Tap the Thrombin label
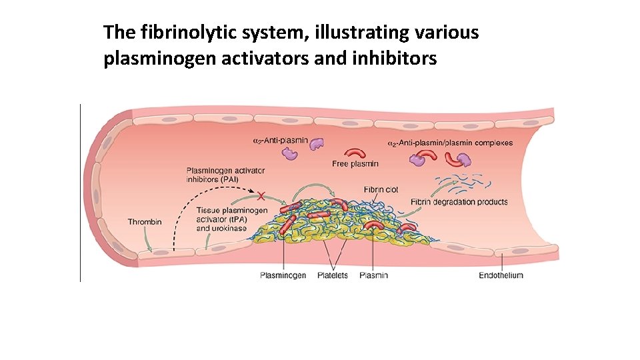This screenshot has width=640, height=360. point(144,222)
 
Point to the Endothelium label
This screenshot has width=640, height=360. point(501,275)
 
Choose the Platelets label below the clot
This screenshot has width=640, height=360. point(332,275)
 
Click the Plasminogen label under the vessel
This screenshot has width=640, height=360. point(283,275)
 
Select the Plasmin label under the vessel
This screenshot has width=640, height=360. point(373,275)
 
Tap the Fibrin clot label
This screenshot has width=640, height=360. point(381,190)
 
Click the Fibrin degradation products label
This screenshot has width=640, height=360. point(459,202)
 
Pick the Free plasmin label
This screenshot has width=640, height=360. point(355,164)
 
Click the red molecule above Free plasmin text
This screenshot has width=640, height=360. point(355,152)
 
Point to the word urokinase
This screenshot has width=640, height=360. point(230,228)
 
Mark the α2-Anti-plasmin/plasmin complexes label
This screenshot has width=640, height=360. point(450,143)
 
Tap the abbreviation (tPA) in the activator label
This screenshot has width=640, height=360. point(237,219)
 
